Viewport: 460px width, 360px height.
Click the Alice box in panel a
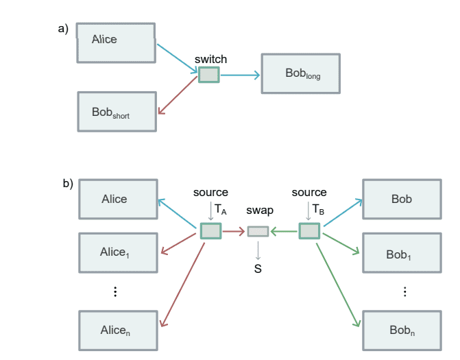click(x=115, y=43)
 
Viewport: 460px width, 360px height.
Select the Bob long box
click(x=300, y=73)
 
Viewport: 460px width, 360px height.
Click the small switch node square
click(x=208, y=74)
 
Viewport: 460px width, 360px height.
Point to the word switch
click(x=210, y=60)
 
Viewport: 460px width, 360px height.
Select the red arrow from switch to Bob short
click(x=178, y=97)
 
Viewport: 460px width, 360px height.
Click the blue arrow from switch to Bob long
click(x=240, y=74)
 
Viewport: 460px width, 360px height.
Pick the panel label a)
click(x=63, y=29)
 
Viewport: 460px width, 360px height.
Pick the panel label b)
click(x=68, y=184)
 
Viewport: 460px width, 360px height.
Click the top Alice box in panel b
click(x=114, y=199)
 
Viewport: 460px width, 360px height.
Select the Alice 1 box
click(x=114, y=252)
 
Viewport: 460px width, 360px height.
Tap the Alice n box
click(x=114, y=330)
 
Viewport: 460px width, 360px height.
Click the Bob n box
click(x=401, y=330)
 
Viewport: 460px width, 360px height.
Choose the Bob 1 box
click(x=401, y=253)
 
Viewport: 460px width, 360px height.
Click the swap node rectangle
click(x=258, y=232)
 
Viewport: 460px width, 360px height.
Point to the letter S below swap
click(x=258, y=269)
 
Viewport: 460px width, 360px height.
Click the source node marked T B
click(x=309, y=231)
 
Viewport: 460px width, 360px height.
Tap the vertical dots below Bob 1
click(x=404, y=291)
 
